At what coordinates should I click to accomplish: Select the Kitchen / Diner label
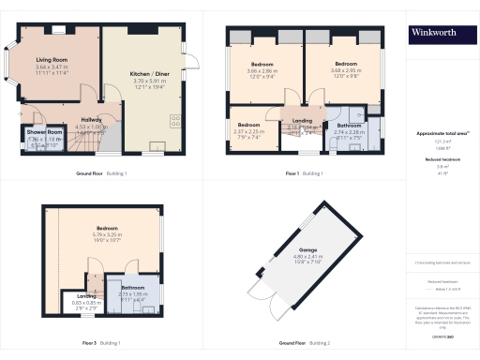150,72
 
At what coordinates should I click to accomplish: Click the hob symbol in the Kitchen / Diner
175,119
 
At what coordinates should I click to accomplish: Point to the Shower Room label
31,132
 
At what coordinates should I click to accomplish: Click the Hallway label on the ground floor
91,119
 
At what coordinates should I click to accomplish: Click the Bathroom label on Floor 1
350,125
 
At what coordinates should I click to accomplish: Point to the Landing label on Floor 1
302,120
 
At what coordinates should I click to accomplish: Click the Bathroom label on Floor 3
132,286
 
